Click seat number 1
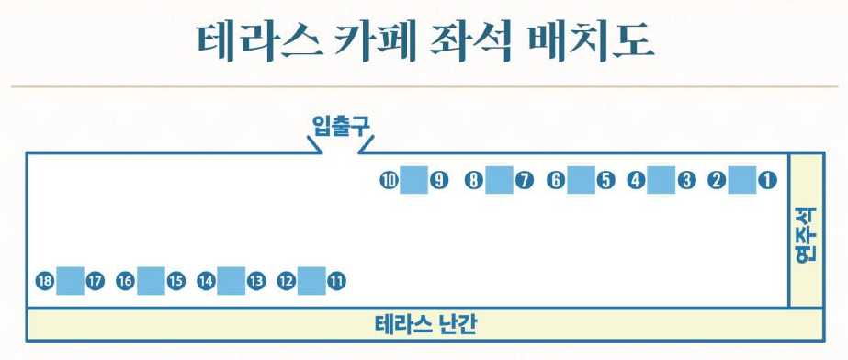pyautogui.click(x=767, y=181)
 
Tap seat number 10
pyautogui.click(x=389, y=181)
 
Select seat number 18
pyautogui.click(x=43, y=281)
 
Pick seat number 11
pyautogui.click(x=336, y=281)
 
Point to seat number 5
pyautogui.click(x=605, y=181)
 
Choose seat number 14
pyautogui.click(x=206, y=281)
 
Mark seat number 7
pyautogui.click(x=524, y=181)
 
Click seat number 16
pyautogui.click(x=125, y=281)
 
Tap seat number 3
pyautogui.click(x=686, y=181)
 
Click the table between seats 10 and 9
pyautogui.click(x=413, y=181)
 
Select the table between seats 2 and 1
pyautogui.click(x=741, y=181)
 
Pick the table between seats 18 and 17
pyautogui.click(x=70, y=281)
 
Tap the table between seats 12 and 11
pyautogui.click(x=311, y=281)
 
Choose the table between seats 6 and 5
pyautogui.click(x=580, y=181)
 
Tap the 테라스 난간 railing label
pyautogui.click(x=426, y=324)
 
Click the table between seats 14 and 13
pyautogui.click(x=232, y=281)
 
